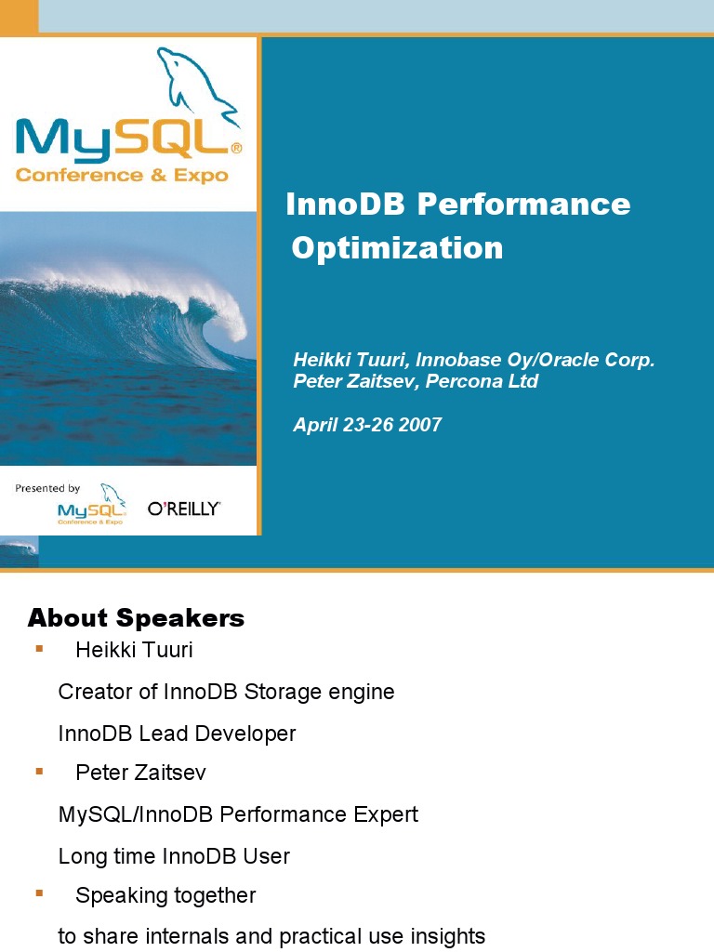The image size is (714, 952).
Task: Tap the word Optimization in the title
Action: [x=397, y=248]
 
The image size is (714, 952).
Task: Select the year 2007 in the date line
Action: [x=420, y=425]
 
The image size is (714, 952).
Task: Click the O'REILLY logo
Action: [x=184, y=509]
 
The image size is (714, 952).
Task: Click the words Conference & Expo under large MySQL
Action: [x=122, y=175]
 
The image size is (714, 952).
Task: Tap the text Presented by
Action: [x=47, y=488]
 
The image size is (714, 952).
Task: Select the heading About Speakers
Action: [x=136, y=618]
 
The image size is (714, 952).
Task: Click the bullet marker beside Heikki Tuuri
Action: [x=39, y=648]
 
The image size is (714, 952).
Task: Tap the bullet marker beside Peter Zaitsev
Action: [x=39, y=771]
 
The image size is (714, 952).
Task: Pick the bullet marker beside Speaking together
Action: [x=39, y=893]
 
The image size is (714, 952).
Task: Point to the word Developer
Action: [x=252, y=734]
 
